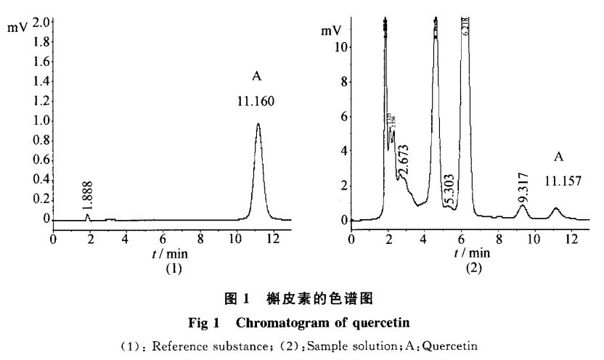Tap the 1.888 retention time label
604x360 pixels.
pos(88,197)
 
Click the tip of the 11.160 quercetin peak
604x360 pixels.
pos(258,124)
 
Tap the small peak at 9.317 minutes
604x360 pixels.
pos(522,207)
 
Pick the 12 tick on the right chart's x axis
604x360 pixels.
pos(571,238)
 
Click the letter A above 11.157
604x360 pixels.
pos(558,156)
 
